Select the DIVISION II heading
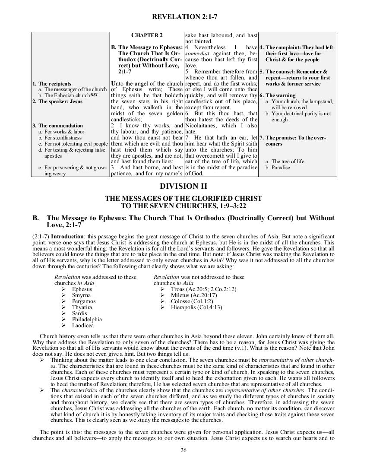(x=183, y=186)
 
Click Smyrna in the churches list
(x=81, y=295)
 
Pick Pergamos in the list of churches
(x=84, y=301)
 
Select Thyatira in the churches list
(x=82, y=307)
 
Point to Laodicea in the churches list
(x=83, y=325)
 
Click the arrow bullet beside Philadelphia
(x=63, y=320)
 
